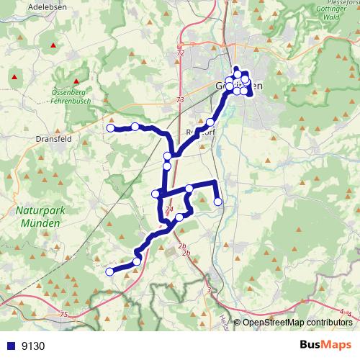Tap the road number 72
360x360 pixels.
[x=180, y=53]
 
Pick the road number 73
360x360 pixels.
[x=179, y=100]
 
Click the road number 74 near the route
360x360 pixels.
[x=170, y=210]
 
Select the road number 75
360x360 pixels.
[x=64, y=315]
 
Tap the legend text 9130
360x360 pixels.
[x=33, y=346]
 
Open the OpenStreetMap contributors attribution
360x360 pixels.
[x=297, y=323]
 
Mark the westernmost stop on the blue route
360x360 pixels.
[x=111, y=128]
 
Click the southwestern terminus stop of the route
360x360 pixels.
[x=110, y=271]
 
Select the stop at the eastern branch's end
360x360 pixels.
[x=218, y=202]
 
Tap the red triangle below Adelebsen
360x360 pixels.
[x=53, y=46]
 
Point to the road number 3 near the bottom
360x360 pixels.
[x=209, y=290]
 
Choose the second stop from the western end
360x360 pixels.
[x=135, y=127]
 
